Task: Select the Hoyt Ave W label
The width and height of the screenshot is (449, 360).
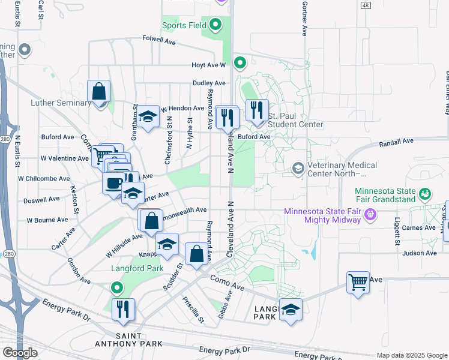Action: click(x=208, y=65)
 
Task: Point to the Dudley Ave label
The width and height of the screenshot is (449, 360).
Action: click(x=209, y=83)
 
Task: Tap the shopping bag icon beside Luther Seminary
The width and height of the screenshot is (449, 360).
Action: click(x=99, y=92)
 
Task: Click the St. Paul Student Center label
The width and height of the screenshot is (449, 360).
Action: click(x=295, y=120)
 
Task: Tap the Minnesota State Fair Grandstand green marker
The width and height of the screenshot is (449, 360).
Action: click(x=426, y=194)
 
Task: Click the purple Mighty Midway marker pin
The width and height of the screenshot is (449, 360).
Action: click(x=371, y=214)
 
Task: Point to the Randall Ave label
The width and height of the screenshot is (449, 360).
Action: click(x=397, y=142)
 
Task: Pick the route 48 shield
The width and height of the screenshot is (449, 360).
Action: click(x=364, y=5)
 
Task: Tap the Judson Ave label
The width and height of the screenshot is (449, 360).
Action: click(x=420, y=253)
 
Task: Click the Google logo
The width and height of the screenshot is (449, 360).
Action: click(x=20, y=353)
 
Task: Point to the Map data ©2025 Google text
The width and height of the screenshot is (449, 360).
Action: click(x=411, y=355)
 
